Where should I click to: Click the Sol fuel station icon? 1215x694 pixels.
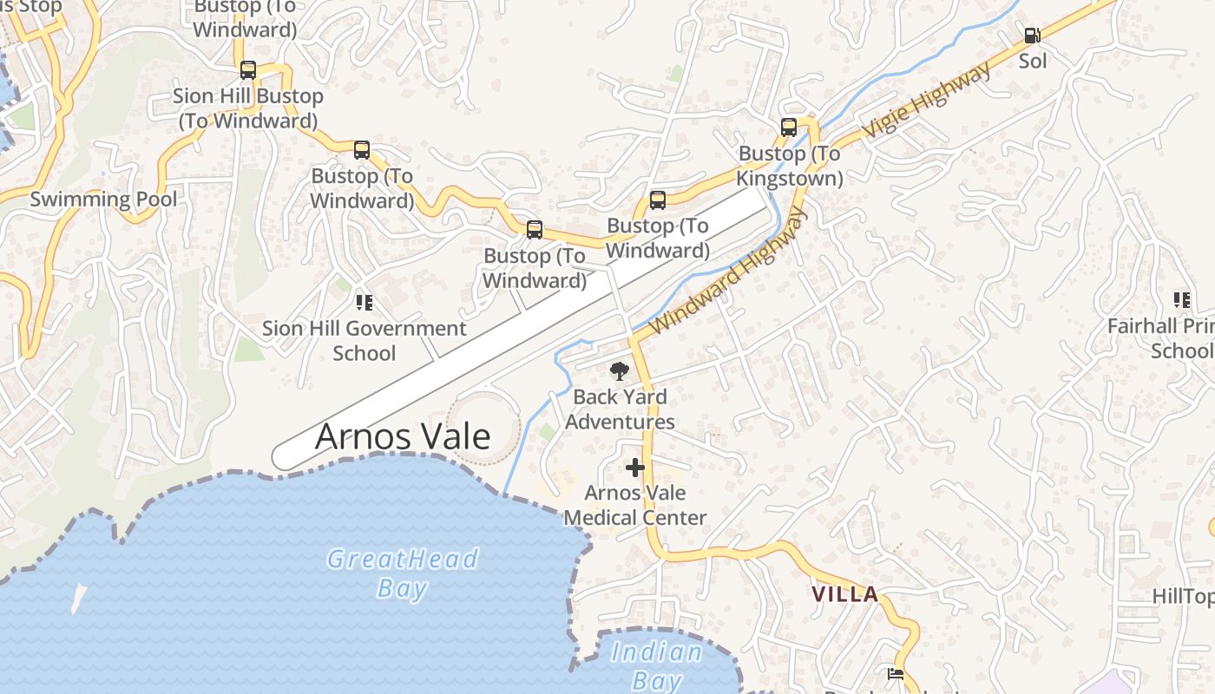(x=1032, y=36)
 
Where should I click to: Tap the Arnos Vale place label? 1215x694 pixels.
(x=402, y=435)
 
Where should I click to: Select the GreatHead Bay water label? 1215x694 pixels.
(x=402, y=573)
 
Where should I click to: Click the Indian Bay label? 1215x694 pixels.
(x=656, y=665)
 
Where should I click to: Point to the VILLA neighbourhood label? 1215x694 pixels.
(x=844, y=594)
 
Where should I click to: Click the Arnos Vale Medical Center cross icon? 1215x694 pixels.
(x=635, y=468)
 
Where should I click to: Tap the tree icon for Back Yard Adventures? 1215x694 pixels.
(x=619, y=372)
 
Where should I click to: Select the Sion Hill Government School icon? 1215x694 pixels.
(x=364, y=303)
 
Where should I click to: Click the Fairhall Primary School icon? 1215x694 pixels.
(x=1181, y=300)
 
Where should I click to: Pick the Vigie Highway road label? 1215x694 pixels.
(x=926, y=101)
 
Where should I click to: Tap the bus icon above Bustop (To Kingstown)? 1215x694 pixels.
(x=788, y=128)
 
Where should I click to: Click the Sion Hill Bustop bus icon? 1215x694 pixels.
(x=247, y=70)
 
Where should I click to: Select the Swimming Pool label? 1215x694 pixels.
(x=103, y=199)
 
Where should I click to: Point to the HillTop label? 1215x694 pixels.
(x=1182, y=596)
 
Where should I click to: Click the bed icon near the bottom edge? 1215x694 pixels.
(x=896, y=673)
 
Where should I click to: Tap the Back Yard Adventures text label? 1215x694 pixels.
(x=620, y=409)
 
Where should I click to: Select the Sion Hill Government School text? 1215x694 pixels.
(x=364, y=341)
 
